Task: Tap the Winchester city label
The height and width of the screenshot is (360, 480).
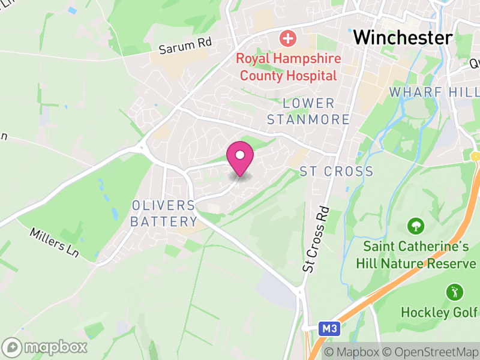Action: coord(403,37)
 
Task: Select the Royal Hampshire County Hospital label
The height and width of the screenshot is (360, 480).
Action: coord(289,68)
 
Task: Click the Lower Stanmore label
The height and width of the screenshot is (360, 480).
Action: coord(308,111)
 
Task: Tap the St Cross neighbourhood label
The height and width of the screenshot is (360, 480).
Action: coord(336,172)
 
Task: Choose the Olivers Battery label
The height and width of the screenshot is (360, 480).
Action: coord(164,213)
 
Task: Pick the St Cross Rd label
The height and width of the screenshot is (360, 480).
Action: coord(316,240)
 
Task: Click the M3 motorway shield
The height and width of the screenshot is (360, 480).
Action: coord(327,328)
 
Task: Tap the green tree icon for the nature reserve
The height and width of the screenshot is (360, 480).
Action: coord(415,226)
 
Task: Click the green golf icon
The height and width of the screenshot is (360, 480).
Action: coord(454,293)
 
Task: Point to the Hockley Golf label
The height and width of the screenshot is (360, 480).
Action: coord(439,313)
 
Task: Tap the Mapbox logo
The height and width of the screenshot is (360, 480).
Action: coord(45,347)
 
